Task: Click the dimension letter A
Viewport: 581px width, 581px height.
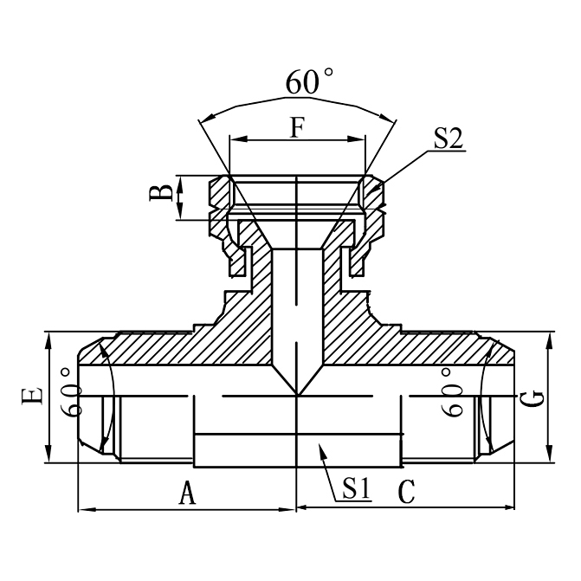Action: (x=185, y=494)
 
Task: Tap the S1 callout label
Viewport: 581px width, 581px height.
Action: (x=356, y=488)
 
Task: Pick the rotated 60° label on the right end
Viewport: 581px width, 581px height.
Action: (x=452, y=391)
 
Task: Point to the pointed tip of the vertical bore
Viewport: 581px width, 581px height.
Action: (x=297, y=396)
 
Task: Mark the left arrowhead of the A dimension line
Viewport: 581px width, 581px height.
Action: (x=83, y=509)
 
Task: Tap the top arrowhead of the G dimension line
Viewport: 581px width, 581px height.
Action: (x=547, y=336)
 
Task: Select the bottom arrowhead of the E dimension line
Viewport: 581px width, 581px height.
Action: (x=48, y=459)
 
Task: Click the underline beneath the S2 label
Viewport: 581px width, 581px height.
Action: (x=449, y=151)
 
